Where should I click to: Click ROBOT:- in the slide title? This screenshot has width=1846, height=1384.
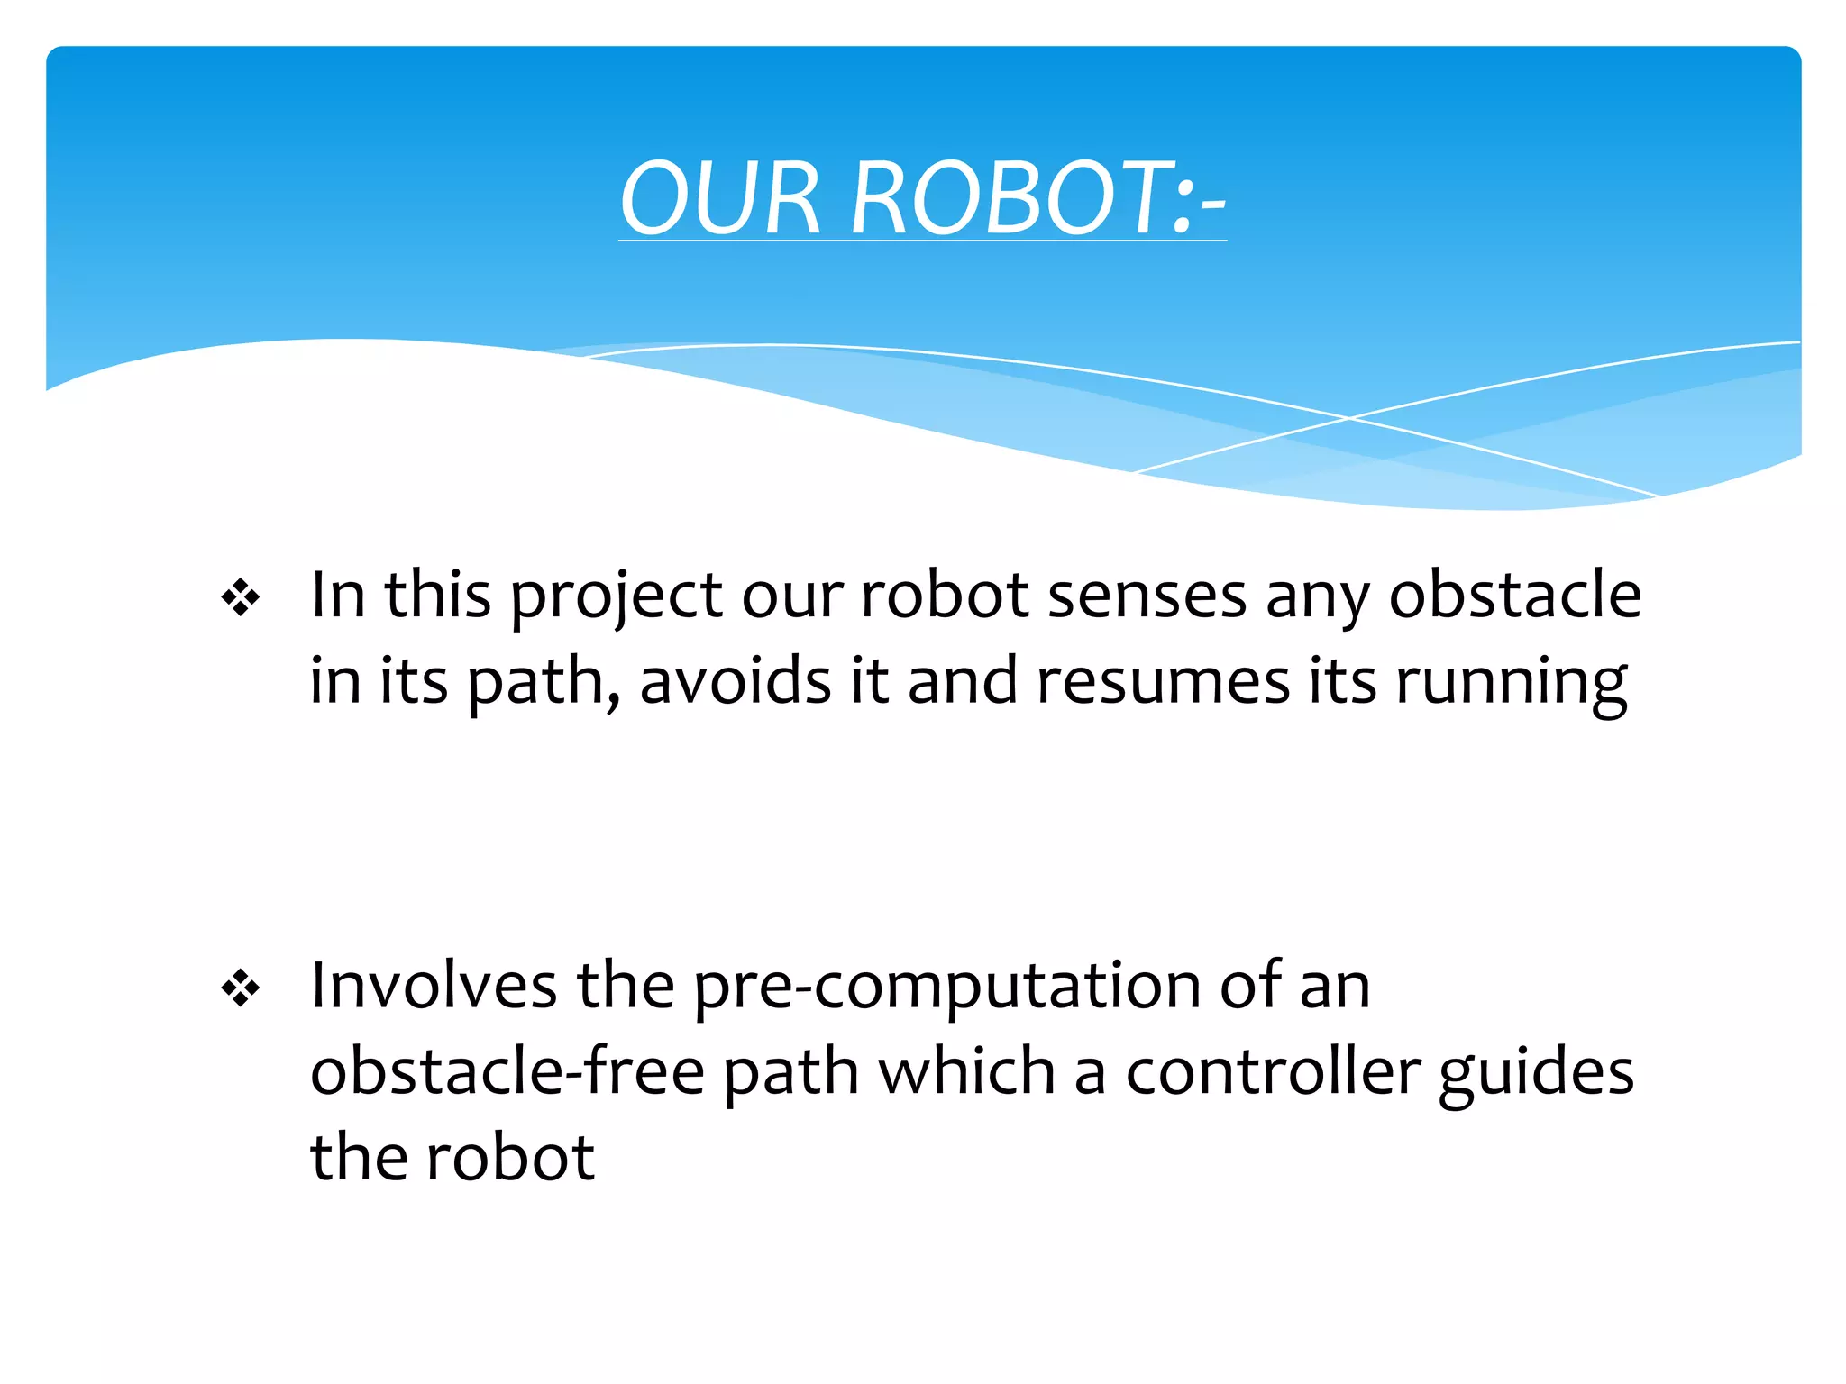[1037, 198]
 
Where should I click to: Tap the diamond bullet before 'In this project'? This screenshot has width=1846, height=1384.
[241, 598]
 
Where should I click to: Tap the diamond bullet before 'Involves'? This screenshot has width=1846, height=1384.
[241, 989]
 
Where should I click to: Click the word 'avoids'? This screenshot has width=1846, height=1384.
[736, 681]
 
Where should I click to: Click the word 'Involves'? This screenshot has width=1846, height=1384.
[434, 986]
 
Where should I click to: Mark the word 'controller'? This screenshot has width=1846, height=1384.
[1273, 1072]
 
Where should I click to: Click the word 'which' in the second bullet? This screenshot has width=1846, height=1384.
[966, 1072]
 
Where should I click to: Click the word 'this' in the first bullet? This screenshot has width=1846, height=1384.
[438, 596]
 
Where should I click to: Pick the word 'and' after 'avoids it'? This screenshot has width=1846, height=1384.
[963, 681]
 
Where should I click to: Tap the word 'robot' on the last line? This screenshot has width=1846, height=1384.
[510, 1157]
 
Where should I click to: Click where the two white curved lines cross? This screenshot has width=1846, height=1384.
[1349, 418]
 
